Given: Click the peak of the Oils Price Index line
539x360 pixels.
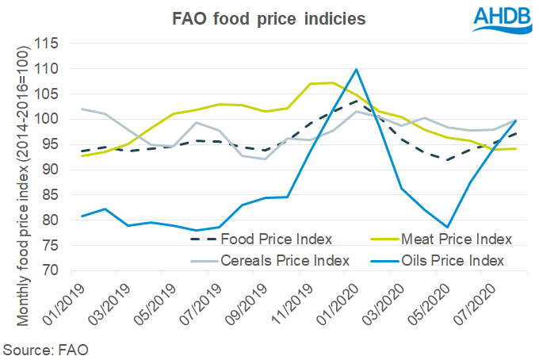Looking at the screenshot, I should pos(357,70).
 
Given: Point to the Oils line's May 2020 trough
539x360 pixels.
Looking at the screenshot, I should pos(448,227).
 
